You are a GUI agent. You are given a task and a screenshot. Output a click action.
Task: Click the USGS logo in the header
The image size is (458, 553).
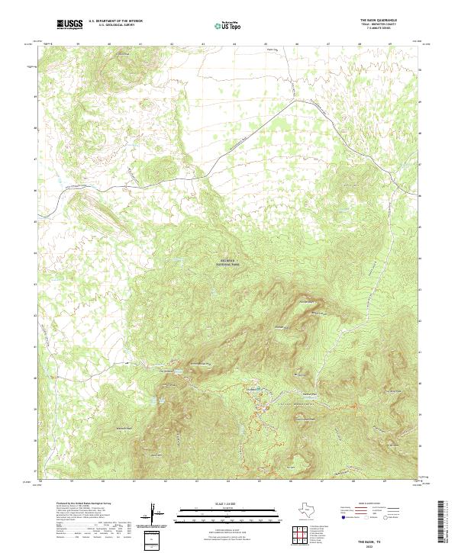click(69, 24)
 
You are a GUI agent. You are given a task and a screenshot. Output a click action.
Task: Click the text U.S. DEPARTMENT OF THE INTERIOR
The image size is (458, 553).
click(115, 21)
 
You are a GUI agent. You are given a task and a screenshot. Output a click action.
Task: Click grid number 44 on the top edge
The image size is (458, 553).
click(234, 43)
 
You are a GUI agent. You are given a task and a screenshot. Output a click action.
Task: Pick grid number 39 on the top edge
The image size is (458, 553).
click(79, 43)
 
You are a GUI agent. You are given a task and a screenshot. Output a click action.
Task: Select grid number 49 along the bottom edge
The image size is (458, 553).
click(388, 481)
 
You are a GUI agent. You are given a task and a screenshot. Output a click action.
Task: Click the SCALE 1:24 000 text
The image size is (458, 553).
click(217, 503)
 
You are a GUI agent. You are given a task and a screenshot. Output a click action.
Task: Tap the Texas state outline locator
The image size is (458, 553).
click(314, 511)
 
